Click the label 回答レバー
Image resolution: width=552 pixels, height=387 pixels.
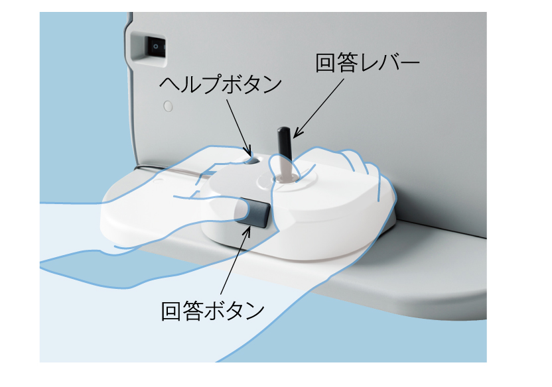tap(367, 62)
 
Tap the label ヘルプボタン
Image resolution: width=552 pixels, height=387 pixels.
tap(220, 84)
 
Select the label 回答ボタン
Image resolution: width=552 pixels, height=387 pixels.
tap(212, 310)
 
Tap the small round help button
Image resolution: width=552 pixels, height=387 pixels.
tap(251, 160)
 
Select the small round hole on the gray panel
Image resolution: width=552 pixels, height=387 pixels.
tap(169, 106)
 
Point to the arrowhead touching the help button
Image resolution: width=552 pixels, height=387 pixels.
tap(249, 152)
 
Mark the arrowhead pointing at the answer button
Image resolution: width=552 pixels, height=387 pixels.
tap(247, 232)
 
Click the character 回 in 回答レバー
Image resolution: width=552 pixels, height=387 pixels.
tap(325, 62)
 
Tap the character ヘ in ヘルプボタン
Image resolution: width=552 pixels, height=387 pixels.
tap(169, 85)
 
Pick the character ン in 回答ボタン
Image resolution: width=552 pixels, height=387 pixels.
tap(255, 311)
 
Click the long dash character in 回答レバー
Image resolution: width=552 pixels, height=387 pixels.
tap(410, 62)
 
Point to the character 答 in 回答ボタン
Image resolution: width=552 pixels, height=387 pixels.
tap(192, 310)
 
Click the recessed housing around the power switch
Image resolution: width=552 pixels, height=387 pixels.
tap(148, 48)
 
